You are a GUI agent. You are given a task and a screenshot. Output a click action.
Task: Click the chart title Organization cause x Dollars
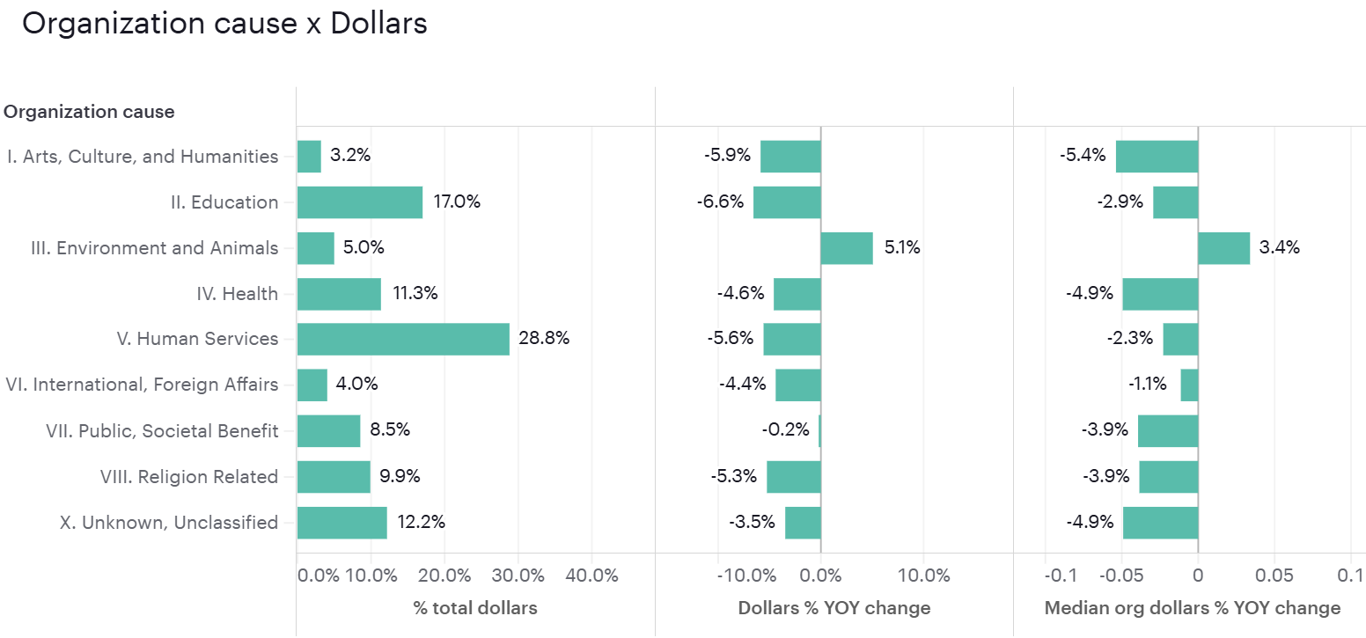pyautogui.click(x=224, y=24)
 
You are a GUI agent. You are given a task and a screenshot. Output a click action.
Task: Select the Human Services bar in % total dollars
pyautogui.click(x=403, y=340)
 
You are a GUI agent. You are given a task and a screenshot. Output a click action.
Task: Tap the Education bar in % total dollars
pyautogui.click(x=359, y=202)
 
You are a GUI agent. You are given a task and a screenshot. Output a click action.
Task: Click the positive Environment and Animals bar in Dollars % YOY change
pyautogui.click(x=847, y=248)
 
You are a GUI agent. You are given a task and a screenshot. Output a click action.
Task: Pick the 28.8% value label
pyautogui.click(x=544, y=339)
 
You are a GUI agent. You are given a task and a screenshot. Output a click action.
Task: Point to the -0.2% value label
pyautogui.click(x=785, y=430)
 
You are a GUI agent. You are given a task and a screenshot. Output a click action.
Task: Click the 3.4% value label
pyautogui.click(x=1279, y=247)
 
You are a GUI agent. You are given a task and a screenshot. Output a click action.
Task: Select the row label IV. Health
pyautogui.click(x=237, y=294)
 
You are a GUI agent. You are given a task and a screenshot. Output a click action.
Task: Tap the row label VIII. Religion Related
pyautogui.click(x=188, y=477)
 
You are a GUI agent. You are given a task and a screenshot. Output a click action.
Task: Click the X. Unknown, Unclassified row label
pyautogui.click(x=168, y=523)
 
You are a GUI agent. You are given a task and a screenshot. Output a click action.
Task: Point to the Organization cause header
pyautogui.click(x=89, y=112)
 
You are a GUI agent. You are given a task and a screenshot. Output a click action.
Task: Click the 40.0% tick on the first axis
pyautogui.click(x=592, y=576)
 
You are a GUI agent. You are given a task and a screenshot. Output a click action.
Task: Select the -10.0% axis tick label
pyautogui.click(x=747, y=576)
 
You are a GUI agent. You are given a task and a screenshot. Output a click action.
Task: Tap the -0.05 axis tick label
pyautogui.click(x=1120, y=576)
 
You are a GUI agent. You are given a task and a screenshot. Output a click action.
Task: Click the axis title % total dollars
pyautogui.click(x=475, y=608)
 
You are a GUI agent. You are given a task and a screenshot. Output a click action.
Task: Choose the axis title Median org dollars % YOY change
pyautogui.click(x=1192, y=608)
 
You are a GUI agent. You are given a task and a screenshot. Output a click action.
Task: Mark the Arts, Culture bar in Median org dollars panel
pyautogui.click(x=1157, y=157)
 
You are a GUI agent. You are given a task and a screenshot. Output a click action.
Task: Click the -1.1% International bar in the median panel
pyautogui.click(x=1189, y=385)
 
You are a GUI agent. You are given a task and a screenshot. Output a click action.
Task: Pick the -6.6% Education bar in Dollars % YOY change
pyautogui.click(x=787, y=202)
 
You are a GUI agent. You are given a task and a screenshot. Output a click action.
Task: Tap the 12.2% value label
pyautogui.click(x=421, y=522)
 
